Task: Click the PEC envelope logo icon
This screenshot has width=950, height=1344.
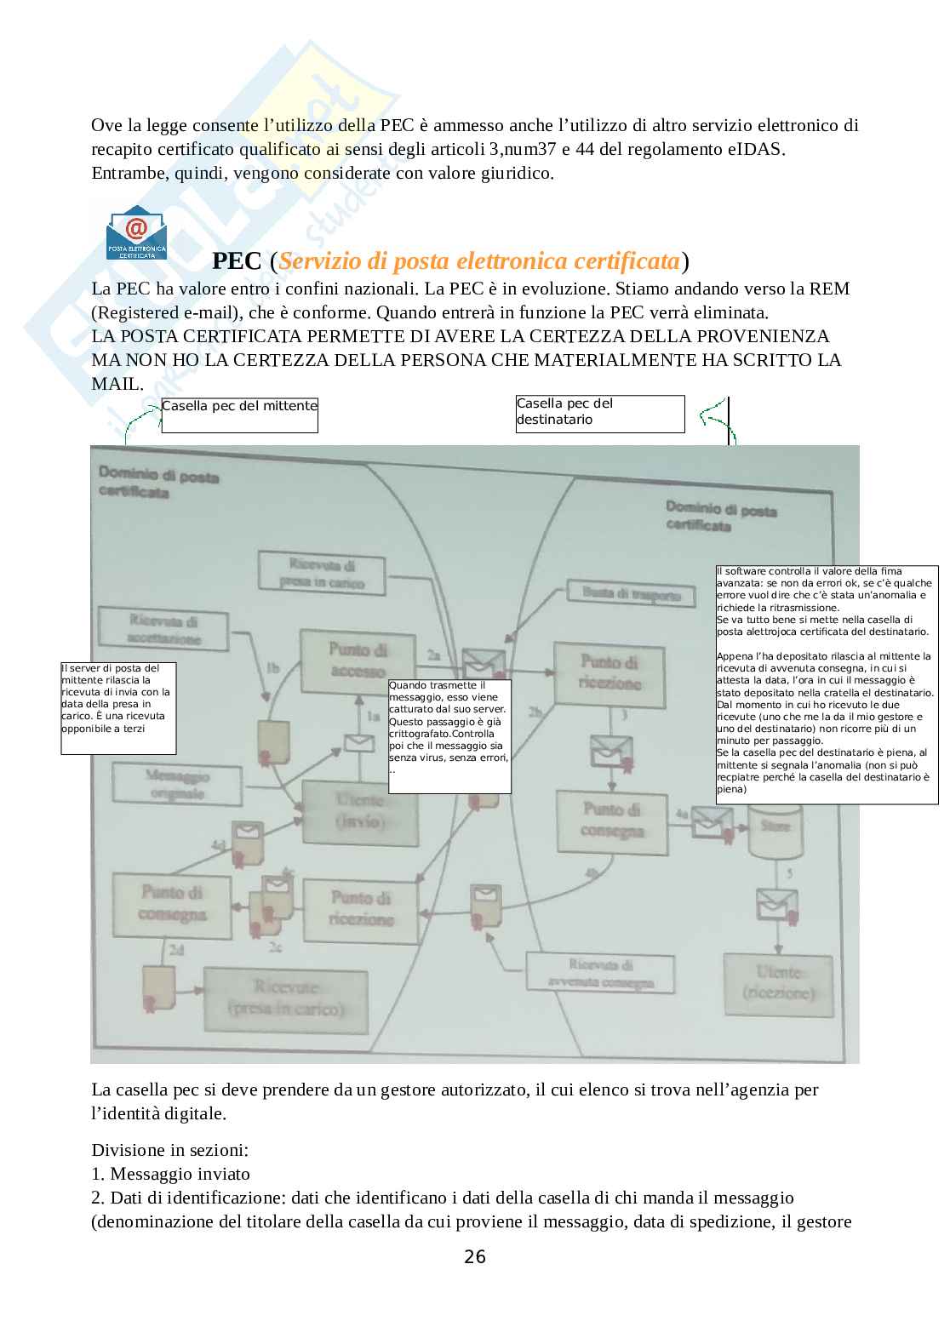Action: pos(136,232)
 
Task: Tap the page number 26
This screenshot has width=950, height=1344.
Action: pos(475,1256)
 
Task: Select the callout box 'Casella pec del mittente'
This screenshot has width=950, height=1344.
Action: pos(239,415)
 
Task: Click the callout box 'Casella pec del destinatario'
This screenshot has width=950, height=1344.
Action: pos(599,414)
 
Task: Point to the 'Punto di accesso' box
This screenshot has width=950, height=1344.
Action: pos(357,661)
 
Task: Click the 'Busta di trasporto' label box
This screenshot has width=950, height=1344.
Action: pos(631,593)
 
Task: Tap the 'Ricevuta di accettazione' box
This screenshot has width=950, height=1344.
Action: pos(163,629)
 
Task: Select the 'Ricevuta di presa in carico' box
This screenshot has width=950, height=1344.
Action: pos(322,573)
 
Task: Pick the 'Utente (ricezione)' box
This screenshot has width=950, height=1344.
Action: pos(778,982)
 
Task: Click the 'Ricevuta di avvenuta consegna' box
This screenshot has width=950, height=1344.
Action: pos(601,973)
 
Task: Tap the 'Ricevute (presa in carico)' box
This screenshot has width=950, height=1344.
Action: pos(285,998)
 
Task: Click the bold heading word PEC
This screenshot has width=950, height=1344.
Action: pos(237,260)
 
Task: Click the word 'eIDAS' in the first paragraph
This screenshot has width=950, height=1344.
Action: pos(755,150)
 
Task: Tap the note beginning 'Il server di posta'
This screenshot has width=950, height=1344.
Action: pos(118,708)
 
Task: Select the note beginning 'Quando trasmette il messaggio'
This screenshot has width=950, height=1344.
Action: pos(449,736)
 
